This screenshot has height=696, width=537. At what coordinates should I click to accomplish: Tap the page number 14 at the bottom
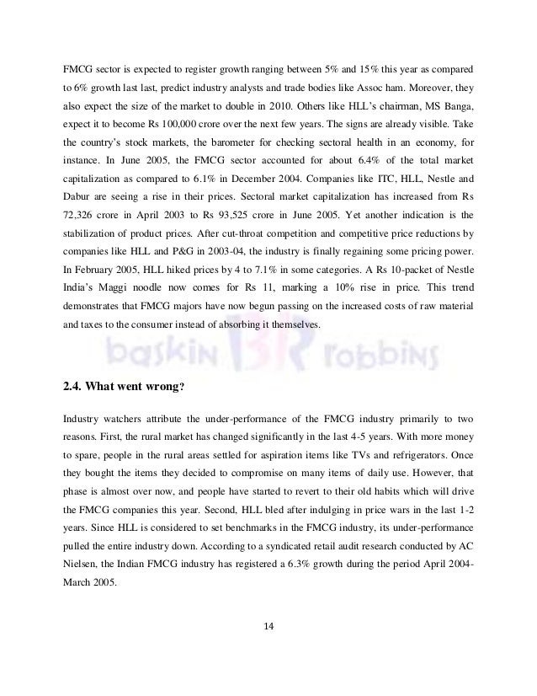[x=268, y=626]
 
